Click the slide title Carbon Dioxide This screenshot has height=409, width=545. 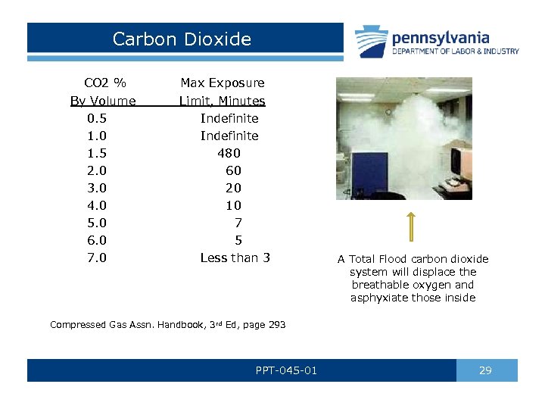182,39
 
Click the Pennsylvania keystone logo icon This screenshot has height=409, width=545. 372,41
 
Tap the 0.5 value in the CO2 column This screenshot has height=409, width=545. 97,118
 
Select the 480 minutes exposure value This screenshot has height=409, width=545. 229,153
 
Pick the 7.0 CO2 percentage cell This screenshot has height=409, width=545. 97,258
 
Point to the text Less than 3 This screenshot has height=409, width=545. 235,258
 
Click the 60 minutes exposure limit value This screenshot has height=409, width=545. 233,170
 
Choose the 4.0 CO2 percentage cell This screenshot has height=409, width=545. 97,205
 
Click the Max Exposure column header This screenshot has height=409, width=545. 222,83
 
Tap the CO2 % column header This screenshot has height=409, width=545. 104,83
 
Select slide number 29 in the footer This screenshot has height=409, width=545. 486,370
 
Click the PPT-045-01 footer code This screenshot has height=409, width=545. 286,370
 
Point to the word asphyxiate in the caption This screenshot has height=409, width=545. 378,298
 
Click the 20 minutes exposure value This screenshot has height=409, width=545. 233,188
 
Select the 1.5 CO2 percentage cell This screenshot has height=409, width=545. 97,153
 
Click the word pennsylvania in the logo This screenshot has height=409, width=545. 440,37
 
